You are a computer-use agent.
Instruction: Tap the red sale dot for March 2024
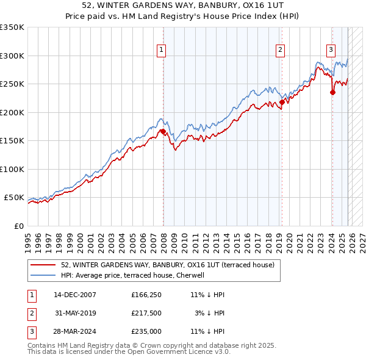tap(332, 93)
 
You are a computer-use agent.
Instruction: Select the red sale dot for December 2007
tap(163, 131)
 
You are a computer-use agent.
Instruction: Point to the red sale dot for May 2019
tap(281, 103)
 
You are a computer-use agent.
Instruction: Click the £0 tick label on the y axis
tap(19, 226)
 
